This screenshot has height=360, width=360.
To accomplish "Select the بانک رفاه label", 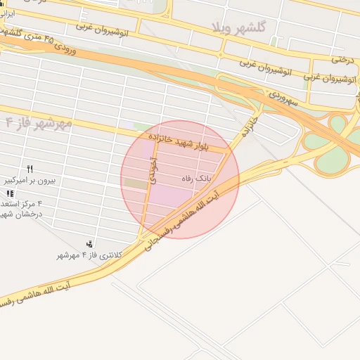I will [196, 179].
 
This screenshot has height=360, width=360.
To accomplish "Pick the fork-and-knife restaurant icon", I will [30, 169].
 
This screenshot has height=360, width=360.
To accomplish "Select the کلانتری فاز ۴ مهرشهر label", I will [89, 255].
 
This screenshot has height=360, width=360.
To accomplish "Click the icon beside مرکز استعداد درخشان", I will [9, 193].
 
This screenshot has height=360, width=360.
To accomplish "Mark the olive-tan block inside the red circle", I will [134, 183].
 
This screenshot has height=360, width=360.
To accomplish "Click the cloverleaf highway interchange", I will [337, 144].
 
